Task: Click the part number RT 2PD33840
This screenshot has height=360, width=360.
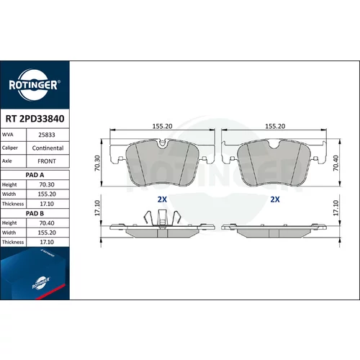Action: pos(35,119)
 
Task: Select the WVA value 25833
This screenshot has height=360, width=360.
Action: pos(47,135)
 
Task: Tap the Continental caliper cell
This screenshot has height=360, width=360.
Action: pos(48,148)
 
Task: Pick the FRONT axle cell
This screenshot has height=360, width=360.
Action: pos(47,161)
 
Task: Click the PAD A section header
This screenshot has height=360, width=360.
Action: pos(35,175)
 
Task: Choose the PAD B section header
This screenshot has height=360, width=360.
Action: pos(35,213)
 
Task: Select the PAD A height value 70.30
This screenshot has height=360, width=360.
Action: pos(47,184)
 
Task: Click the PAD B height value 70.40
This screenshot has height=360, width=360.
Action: pos(47,223)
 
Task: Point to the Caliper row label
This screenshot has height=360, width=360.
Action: pos(10,148)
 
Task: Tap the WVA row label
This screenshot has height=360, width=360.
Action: pos(7,135)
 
